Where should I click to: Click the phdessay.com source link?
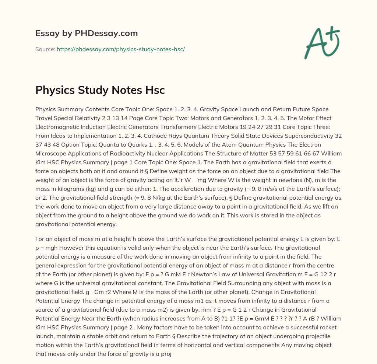tap(121, 49)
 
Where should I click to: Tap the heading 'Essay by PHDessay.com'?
tap(87, 34)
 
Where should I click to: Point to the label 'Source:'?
tap(45, 49)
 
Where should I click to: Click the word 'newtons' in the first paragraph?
tap(261, 180)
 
